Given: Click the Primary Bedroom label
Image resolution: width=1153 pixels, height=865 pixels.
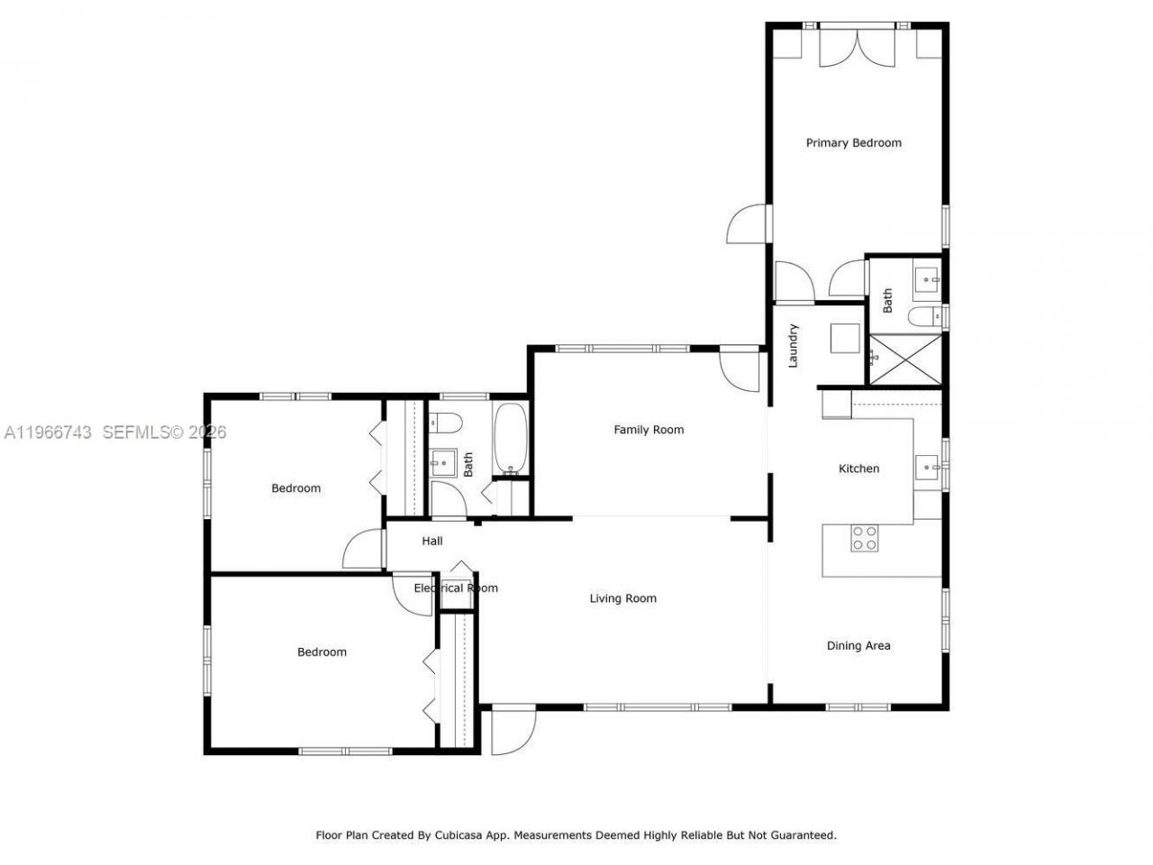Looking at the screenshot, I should (x=853, y=142).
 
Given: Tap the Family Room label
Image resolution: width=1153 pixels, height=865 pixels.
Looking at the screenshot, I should (x=649, y=430).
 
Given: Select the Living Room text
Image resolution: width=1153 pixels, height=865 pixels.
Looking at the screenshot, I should (x=622, y=598).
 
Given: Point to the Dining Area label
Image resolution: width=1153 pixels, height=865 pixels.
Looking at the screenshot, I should (x=858, y=645).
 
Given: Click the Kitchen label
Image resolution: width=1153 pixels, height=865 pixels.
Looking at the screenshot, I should (x=858, y=469).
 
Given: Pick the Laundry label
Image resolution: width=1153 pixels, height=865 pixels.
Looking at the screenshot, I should (x=794, y=346).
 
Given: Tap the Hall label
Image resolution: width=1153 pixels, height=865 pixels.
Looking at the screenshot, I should (x=432, y=541).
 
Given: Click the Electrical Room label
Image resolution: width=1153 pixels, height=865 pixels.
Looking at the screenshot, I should (x=456, y=588).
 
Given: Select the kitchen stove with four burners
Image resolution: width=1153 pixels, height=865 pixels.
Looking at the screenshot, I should (x=865, y=538).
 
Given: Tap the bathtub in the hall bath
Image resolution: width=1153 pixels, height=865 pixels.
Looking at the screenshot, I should (x=511, y=439).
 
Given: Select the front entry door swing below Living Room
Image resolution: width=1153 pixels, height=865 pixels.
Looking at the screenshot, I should (x=513, y=728).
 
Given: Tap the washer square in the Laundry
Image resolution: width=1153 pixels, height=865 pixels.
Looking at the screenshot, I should (x=846, y=339).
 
